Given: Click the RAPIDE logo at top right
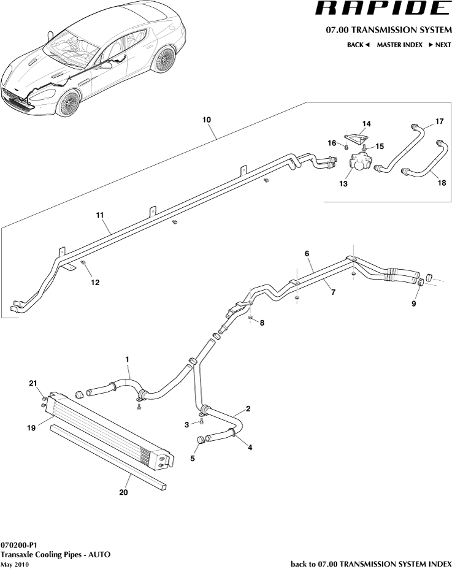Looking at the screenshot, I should tap(381, 9).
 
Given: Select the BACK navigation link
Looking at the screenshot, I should tap(358, 45).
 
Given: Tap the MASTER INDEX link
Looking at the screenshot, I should tap(399, 45).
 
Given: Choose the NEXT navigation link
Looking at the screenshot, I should tap(440, 45).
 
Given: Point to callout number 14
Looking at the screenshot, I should tap(366, 124).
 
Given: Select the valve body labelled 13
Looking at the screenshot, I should tap(360, 163).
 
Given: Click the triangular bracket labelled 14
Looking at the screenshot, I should tap(354, 138).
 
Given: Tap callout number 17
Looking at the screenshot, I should tap(439, 121).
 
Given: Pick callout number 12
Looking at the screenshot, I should tap(95, 283).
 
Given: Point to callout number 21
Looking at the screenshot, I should tap(33, 384).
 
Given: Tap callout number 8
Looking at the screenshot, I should tap(262, 323).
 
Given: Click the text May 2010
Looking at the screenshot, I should tap(15, 564).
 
